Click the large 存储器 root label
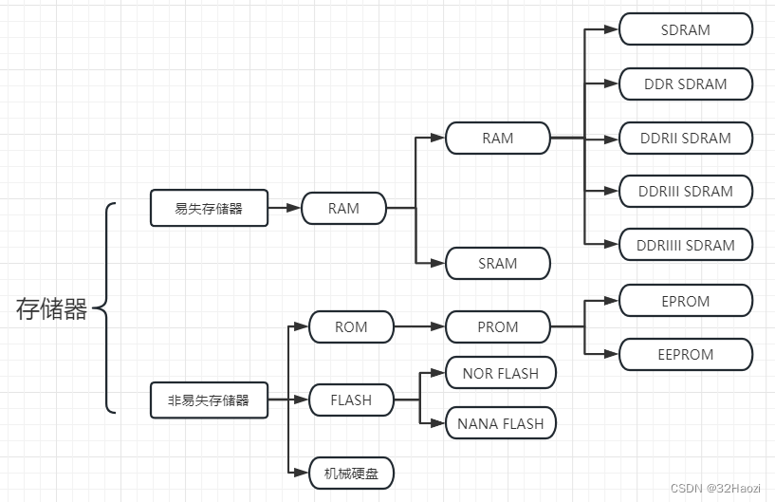pos(52,308)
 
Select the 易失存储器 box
pos(209,208)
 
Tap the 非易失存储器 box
pos(209,400)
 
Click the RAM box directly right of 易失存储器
pos(343,208)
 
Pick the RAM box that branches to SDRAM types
pos(497,138)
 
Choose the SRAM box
pos(497,263)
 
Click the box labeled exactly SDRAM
pos(685,29)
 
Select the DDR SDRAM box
pos(685,84)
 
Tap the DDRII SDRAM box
pos(685,138)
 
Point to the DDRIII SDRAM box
pos(685,191)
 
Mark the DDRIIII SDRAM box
pos(685,245)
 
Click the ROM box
pos(351,326)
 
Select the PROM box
pos(497,326)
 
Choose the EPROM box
pos(685,301)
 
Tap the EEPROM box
pos(685,354)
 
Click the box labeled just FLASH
pos(351,400)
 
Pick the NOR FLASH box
pos(500,373)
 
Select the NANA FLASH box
pos(500,423)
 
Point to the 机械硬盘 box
pos(351,472)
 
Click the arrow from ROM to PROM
pos(419,326)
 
